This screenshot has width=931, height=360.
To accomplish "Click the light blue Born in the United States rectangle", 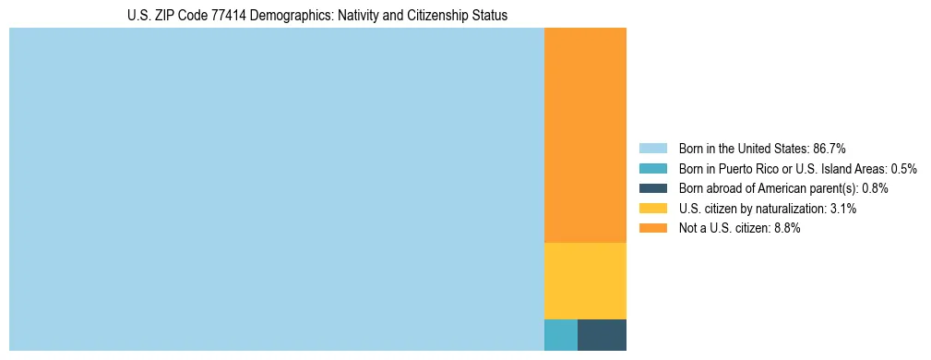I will pyautogui.click(x=277, y=189).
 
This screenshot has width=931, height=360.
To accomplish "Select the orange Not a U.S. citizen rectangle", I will pyautogui.click(x=585, y=136).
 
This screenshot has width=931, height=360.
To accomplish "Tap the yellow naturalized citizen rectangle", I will pyautogui.click(x=585, y=281).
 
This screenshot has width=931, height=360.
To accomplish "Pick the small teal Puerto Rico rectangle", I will pyautogui.click(x=561, y=335).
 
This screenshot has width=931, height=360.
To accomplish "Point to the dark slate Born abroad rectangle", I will pyautogui.click(x=602, y=335).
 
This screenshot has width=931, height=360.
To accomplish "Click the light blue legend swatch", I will pyautogui.click(x=652, y=149).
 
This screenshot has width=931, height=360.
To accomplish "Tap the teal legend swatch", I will pyautogui.click(x=652, y=169).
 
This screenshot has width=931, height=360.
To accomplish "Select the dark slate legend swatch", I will pyautogui.click(x=652, y=188).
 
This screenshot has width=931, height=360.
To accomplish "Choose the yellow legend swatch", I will pyautogui.click(x=652, y=209).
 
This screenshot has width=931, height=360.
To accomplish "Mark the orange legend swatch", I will pyautogui.click(x=652, y=229).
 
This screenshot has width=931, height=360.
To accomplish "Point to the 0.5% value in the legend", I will pyautogui.click(x=904, y=169).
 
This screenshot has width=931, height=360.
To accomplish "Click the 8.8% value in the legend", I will pyautogui.click(x=787, y=229).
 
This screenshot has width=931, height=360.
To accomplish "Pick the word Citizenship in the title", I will pyautogui.click(x=426, y=16).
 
